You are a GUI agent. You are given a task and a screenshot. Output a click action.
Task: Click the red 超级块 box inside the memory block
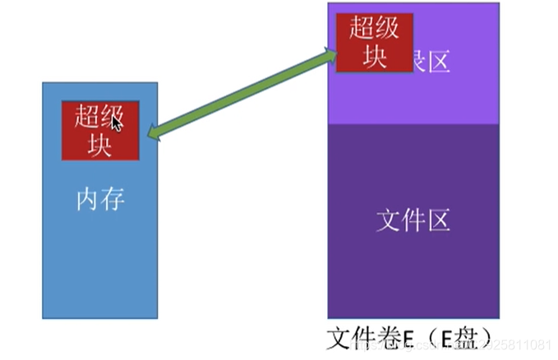(99, 130)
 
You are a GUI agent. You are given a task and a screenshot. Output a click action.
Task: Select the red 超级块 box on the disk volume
(374, 43)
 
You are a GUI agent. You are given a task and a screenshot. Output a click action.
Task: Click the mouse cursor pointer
(117, 124)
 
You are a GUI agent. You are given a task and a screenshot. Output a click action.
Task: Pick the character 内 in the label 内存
(88, 200)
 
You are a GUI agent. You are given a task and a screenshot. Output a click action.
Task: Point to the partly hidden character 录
(415, 60)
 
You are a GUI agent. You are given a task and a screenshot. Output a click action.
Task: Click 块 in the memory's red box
(99, 144)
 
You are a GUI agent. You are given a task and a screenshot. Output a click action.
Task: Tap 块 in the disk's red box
(375, 57)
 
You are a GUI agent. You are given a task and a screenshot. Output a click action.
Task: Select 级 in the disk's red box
(387, 28)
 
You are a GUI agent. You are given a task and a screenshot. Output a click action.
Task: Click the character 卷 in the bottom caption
(386, 337)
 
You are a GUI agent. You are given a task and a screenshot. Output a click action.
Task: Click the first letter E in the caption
(405, 338)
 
